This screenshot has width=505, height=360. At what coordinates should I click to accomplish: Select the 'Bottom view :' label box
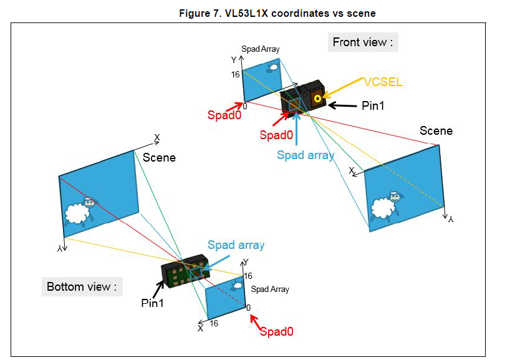tap(82, 287)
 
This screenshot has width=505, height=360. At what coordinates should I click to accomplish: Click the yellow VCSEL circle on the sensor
tap(318, 98)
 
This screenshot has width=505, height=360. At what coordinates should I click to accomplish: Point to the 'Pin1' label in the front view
tap(373, 106)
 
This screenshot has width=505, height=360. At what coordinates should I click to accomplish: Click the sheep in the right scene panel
tap(385, 207)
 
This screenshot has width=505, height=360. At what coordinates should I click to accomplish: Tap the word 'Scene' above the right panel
tap(436, 131)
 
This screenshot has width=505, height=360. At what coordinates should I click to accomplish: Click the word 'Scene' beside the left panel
tap(159, 158)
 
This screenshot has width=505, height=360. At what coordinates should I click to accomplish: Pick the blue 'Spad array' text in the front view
tap(305, 155)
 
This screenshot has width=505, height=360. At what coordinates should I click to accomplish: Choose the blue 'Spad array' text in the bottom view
tap(236, 245)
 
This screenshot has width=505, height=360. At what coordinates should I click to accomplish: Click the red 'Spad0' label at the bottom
tap(276, 332)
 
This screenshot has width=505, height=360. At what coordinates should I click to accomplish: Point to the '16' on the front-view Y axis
tap(235, 74)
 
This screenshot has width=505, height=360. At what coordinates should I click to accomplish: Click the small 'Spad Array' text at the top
tap(261, 49)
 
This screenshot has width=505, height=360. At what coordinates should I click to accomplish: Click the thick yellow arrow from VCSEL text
tap(344, 89)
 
